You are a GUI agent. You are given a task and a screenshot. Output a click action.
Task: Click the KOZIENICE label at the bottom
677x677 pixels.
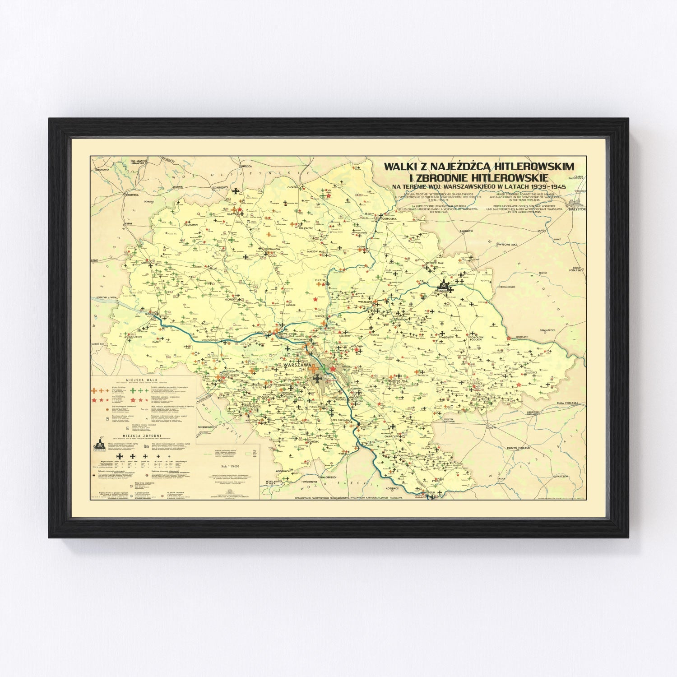click(x=392, y=488)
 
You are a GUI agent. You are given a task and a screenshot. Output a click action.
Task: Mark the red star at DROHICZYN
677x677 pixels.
click(x=509, y=338)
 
